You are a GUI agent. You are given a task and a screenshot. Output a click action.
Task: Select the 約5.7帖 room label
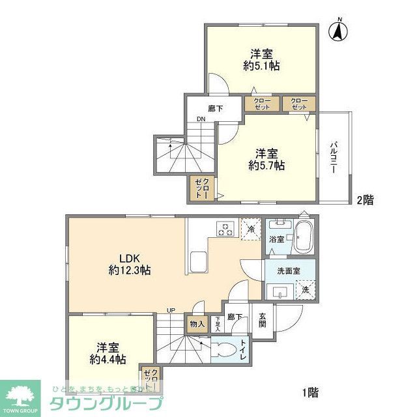coord(268,160)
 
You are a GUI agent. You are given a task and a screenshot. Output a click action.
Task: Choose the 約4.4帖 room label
coord(104,352)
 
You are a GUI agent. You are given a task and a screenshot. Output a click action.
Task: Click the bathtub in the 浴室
coord(303,238)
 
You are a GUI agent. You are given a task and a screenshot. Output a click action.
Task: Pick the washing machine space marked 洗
coord(305,290)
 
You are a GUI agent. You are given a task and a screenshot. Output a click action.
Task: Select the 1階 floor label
coord(310,392)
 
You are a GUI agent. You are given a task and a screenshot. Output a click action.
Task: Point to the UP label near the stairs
coord(171,310)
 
